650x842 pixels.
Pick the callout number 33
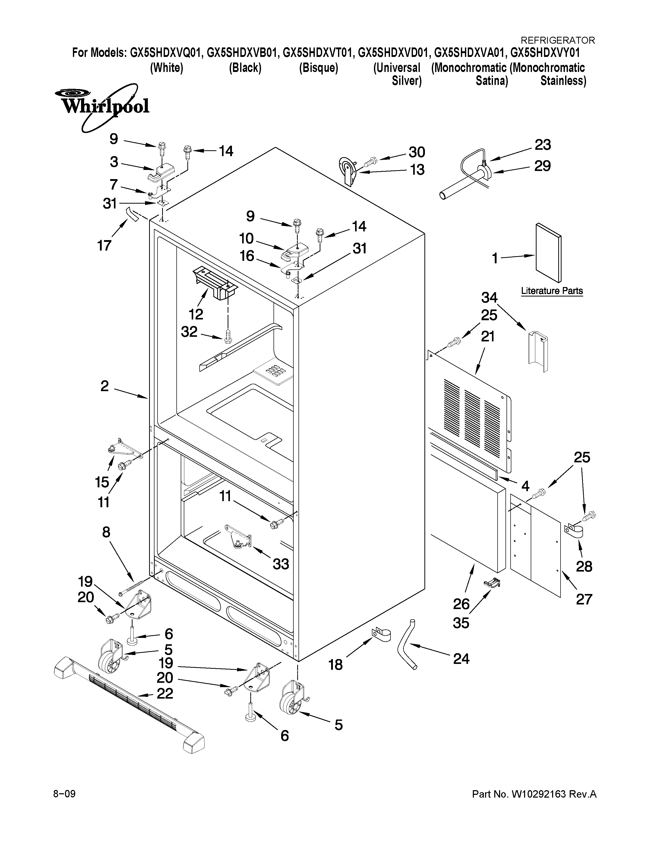[281, 564]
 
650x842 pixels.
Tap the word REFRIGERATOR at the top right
[557, 40]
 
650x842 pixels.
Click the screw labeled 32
[228, 337]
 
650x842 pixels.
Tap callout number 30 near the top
[417, 152]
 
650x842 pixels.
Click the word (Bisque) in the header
[318, 68]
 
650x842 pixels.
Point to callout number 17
[104, 245]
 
